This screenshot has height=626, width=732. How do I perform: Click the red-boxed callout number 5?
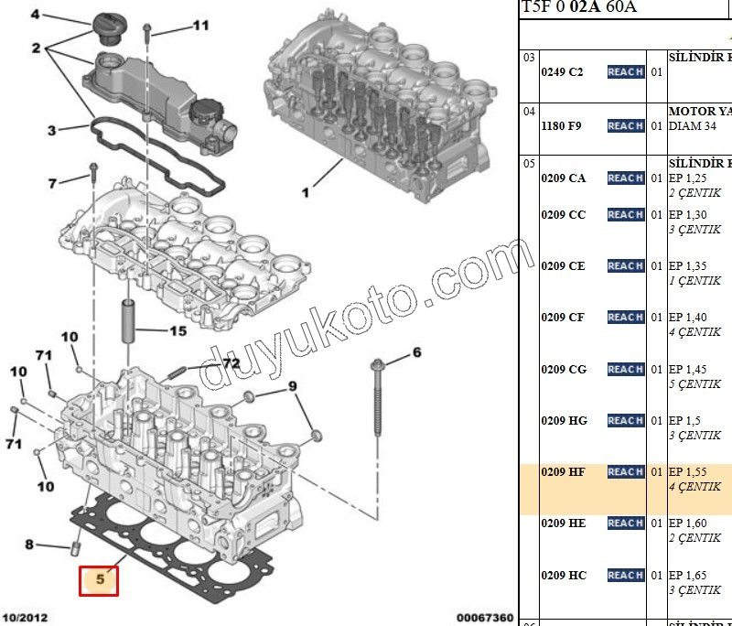99,579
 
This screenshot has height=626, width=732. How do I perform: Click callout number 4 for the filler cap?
36,15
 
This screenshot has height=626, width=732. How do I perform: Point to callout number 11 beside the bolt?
199,26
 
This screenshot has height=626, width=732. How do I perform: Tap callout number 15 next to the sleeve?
177,330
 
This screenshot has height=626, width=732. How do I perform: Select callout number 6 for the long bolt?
416,352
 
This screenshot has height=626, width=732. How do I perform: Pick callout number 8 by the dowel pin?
29,545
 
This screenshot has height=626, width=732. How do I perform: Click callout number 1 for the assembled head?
306,193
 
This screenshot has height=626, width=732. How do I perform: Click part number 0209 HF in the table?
564,472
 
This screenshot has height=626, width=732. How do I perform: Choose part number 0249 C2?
562,72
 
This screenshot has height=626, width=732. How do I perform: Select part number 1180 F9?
562,125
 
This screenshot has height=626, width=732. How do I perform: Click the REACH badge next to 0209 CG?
626,370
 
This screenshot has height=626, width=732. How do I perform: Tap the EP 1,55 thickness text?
687,472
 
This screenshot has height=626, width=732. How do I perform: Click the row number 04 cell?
529,111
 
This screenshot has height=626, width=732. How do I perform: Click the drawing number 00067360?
485,618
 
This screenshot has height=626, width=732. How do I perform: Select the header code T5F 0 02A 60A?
579,8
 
